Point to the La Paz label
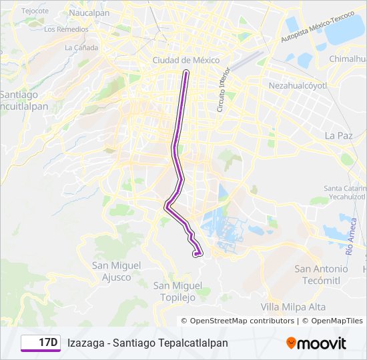pyautogui.click(x=338, y=135)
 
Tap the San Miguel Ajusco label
pyautogui.click(x=117, y=271)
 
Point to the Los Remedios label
pyautogui.click(x=65, y=29)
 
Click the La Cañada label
pyautogui.click(x=81, y=47)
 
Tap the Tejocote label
pyautogui.click(x=35, y=11)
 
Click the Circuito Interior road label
pyautogui.click(x=223, y=89)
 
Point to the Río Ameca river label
pyautogui.click(x=351, y=238)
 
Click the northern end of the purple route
pyautogui.click(x=186, y=72)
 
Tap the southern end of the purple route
pyautogui.click(x=196, y=253)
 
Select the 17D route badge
pyautogui.click(x=40, y=343)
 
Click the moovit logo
pyautogui.click(x=316, y=343)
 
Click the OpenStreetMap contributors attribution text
pyautogui.click(x=242, y=321)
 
